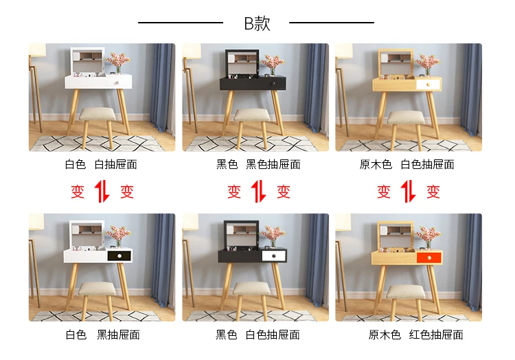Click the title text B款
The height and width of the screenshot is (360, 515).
pyautogui.click(x=257, y=23)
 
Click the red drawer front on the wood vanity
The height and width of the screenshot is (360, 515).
pyautogui.click(x=429, y=258)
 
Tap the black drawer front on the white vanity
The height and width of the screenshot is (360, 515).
pyautogui.click(x=119, y=256)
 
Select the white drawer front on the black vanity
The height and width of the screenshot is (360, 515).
pyautogui.click(x=274, y=256)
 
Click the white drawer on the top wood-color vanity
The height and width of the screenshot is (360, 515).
pyautogui.click(x=428, y=85)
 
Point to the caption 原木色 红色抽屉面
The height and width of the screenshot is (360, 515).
pyautogui.click(x=415, y=335)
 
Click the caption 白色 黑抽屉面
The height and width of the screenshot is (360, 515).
pyautogui.click(x=102, y=335)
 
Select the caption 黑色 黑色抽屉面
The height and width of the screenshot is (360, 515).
pyautogui.click(x=258, y=164)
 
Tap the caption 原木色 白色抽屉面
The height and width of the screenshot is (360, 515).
pyautogui.click(x=407, y=164)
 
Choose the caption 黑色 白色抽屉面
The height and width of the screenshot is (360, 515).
pyautogui.click(x=257, y=335)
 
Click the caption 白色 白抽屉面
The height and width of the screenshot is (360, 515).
pyautogui.click(x=101, y=164)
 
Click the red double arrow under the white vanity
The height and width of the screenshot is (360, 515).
pyautogui.click(x=102, y=191)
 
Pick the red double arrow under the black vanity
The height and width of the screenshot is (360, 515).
pyautogui.click(x=258, y=191)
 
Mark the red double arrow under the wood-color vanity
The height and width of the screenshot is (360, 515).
pyautogui.click(x=409, y=191)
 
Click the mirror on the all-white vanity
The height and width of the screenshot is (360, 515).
pyautogui.click(x=87, y=62)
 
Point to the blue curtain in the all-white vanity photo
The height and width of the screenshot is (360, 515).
pyautogui.click(x=163, y=88)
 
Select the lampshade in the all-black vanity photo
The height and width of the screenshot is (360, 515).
pyautogui.click(x=192, y=52)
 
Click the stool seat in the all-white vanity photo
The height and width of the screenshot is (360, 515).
pyautogui.click(x=98, y=114)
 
